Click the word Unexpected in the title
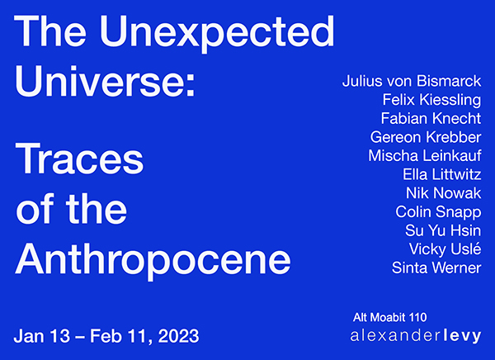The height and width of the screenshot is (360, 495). click(x=217, y=33)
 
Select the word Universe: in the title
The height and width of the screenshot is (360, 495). click(x=105, y=81)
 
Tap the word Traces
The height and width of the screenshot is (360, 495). click(x=79, y=159)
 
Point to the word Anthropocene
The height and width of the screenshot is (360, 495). click(x=153, y=261)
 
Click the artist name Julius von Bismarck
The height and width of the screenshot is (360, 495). click(x=412, y=81)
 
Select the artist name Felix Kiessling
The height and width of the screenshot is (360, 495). click(x=431, y=100)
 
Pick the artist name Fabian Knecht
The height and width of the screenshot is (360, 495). click(x=431, y=118)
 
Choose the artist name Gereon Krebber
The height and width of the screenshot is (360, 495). click(x=426, y=137)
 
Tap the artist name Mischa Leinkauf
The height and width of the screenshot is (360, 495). click(x=425, y=155)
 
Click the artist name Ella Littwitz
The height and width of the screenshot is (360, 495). click(x=442, y=174)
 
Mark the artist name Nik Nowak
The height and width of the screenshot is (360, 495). click(x=444, y=193)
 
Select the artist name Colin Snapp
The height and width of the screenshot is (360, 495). click(x=438, y=212)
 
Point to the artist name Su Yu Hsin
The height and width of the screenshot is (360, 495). click(x=443, y=230)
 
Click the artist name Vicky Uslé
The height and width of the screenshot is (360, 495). click(x=445, y=249)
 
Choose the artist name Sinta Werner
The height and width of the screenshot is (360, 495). click(x=436, y=268)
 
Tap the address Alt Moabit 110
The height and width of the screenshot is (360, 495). click(x=390, y=317)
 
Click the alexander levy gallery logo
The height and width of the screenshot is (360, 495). click(x=416, y=336)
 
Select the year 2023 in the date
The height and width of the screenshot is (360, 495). click(x=178, y=336)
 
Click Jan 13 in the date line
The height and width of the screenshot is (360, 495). click(x=42, y=336)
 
